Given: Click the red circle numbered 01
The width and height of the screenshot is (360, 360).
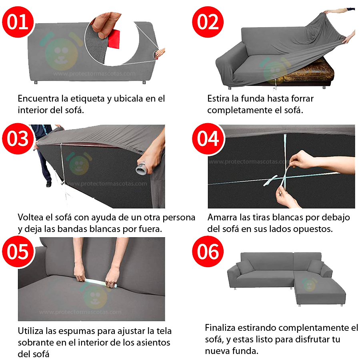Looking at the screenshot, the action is [18, 22].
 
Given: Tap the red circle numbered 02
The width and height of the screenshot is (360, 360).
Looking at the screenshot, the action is [208, 22].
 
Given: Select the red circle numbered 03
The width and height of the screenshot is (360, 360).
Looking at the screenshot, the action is [18, 139].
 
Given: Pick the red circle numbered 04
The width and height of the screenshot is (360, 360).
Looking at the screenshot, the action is [208, 139].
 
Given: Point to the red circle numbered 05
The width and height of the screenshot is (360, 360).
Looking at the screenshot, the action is [18, 252].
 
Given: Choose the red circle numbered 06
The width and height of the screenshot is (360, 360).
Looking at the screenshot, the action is [208, 252].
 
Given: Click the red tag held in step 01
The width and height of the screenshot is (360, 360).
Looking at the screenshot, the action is [114, 39].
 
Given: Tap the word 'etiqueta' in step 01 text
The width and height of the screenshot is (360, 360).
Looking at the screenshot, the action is [87, 99].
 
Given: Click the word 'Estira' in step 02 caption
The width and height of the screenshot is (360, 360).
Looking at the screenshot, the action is [218, 99].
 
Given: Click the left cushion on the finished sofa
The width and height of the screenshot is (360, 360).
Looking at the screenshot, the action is [245, 267].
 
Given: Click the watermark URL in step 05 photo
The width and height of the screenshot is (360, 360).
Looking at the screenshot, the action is [80, 312].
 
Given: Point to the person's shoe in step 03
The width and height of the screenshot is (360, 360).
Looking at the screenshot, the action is [49, 184].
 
